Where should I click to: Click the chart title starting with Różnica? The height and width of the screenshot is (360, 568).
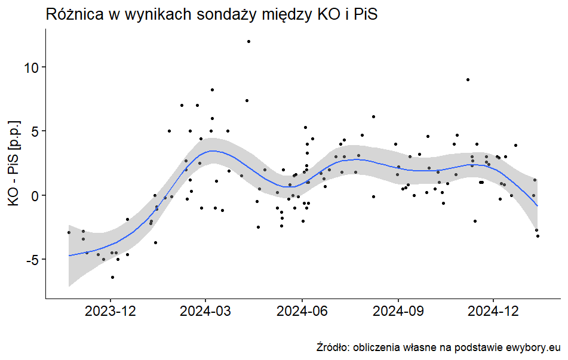point(212,16)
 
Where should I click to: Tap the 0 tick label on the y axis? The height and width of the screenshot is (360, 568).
point(35,195)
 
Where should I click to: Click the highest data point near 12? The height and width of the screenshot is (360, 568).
point(248,41)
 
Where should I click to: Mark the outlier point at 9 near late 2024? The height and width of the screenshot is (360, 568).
point(468,79)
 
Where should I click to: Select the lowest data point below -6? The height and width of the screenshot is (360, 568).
point(112,277)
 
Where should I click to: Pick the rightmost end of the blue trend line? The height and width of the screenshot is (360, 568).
point(538,206)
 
